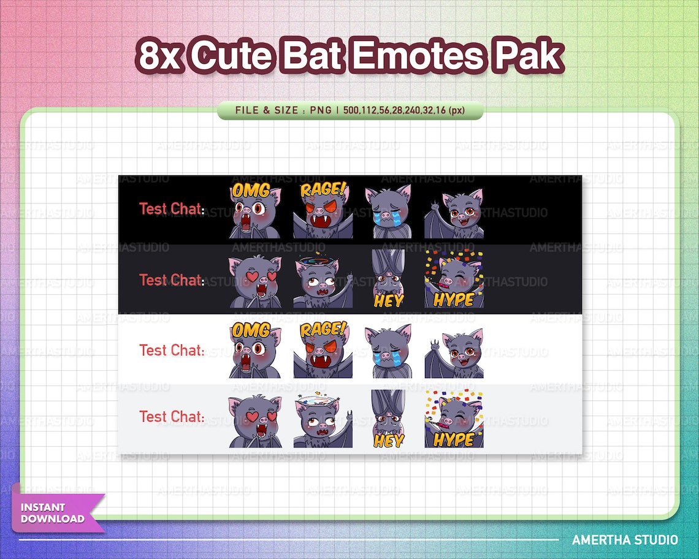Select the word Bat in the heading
click(312, 56)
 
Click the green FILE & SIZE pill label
click(350, 110)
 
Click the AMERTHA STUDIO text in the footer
click(625, 539)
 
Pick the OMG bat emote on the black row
click(255, 210)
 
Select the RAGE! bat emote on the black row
click(323, 210)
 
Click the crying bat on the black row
click(388, 212)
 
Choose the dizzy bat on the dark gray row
click(323, 281)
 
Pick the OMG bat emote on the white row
click(255, 350)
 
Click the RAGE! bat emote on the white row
click(323, 350)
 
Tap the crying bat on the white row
click(388, 351)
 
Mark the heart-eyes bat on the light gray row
click(255, 421)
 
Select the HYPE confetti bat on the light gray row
click(454, 419)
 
